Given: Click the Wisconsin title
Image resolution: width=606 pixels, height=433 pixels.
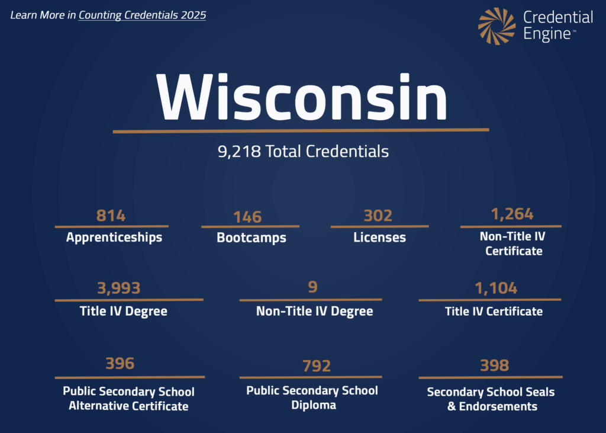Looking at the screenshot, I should tap(302, 98).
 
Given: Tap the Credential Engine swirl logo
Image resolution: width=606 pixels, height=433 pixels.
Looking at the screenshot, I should tap(497, 26).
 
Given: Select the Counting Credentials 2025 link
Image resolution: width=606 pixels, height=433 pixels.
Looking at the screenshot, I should tap(142, 15).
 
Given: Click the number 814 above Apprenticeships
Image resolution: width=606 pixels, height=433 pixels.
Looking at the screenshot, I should tap(111, 216).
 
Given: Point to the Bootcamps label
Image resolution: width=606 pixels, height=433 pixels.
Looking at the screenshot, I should tap(252, 238).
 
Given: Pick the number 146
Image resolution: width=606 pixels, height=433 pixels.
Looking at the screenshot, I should tap(247, 217).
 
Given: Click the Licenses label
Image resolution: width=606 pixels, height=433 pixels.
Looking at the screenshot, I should tap(379, 238).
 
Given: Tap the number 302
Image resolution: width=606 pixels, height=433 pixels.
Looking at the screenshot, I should tap(378, 216).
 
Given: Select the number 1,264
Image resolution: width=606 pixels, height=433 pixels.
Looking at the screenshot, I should tap(512, 213).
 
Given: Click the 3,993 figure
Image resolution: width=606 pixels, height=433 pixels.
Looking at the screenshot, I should tap(119, 288).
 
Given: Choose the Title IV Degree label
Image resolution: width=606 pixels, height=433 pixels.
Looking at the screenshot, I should tap(124, 311).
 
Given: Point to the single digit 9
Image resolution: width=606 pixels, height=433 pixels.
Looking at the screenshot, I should tap(312, 287).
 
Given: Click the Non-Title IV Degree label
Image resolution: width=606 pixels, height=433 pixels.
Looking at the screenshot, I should tap(314, 311).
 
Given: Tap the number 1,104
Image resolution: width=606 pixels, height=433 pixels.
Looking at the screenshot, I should tap(496, 288).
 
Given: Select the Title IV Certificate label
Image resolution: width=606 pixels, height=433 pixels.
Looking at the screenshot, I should tap(494, 311).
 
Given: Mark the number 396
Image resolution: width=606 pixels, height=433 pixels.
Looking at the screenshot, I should tap(120, 363).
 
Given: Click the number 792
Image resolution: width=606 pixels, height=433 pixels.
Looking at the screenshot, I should tap(317, 366).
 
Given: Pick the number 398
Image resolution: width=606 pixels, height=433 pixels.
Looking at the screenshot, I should tap(494, 365).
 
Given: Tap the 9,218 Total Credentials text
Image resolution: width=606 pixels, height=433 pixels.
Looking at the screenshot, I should tap(303, 152).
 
